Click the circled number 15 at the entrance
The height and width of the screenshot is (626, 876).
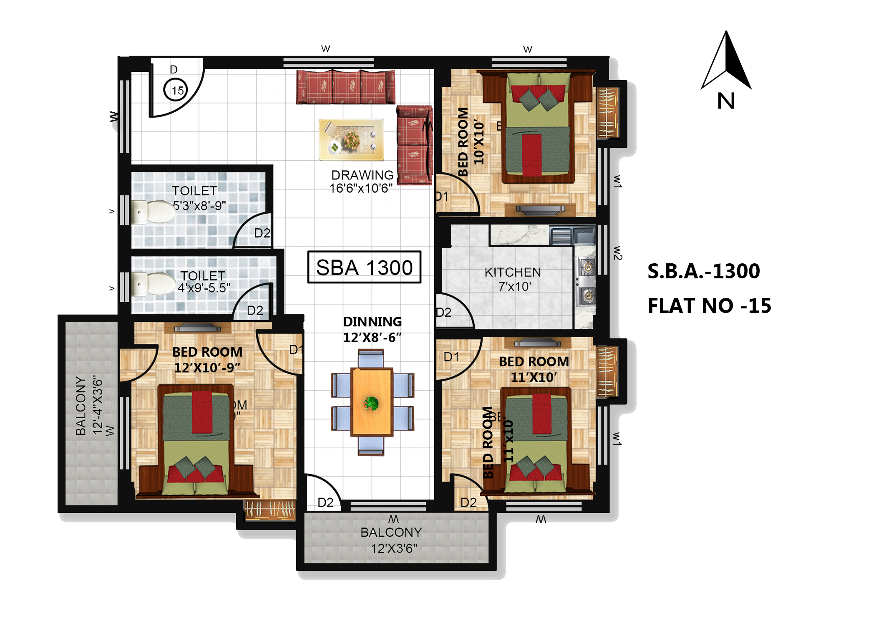(x=176, y=90)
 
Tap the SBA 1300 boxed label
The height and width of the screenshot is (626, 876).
(x=364, y=267)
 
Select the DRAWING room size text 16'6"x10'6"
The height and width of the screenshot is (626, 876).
(x=361, y=189)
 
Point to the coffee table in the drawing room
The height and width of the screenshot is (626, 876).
(x=351, y=140)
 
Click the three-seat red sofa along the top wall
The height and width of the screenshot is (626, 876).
(x=345, y=87)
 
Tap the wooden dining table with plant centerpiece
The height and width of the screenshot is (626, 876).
(x=371, y=402)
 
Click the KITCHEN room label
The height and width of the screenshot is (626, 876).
(x=513, y=272)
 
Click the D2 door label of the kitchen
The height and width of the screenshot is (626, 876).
(x=443, y=312)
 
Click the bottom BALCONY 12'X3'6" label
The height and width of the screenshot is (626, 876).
(x=392, y=540)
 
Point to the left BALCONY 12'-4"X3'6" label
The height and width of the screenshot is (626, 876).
(x=88, y=406)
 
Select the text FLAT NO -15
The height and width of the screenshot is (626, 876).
(x=710, y=306)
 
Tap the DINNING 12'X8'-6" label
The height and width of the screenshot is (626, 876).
(x=373, y=329)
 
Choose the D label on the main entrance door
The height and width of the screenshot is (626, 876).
(x=174, y=70)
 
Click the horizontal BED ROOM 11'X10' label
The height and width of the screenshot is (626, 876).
(x=534, y=369)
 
